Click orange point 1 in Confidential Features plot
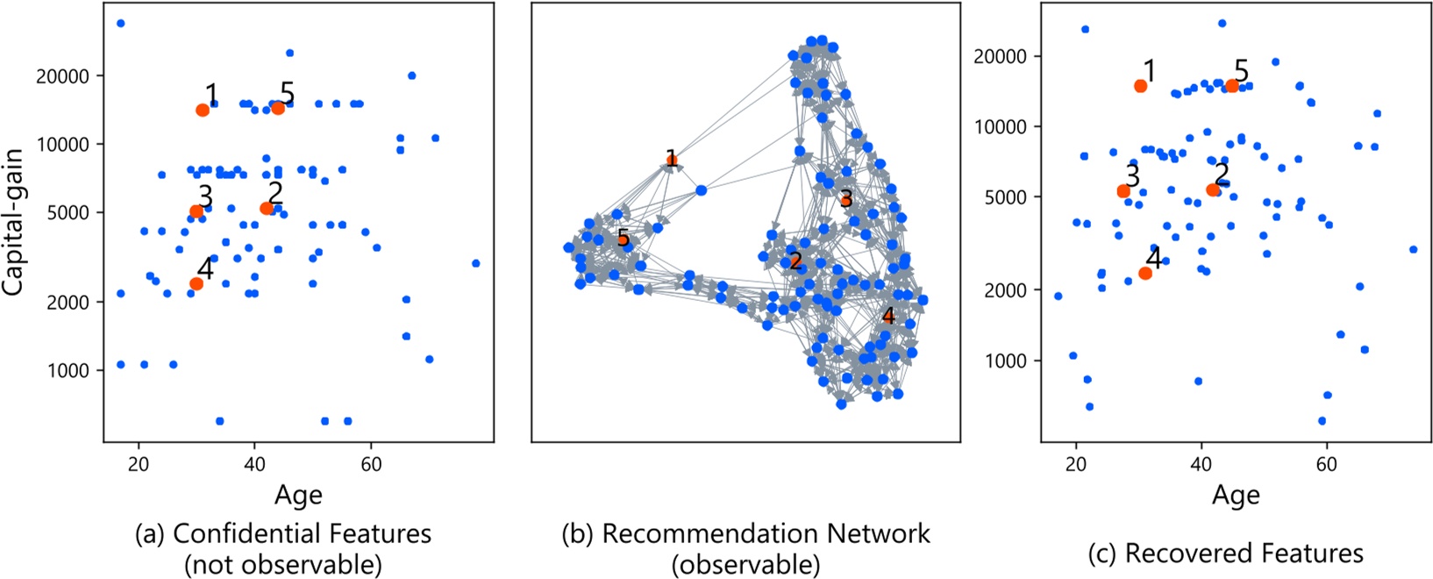(203, 110)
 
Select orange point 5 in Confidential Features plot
(278, 108)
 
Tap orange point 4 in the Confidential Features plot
(196, 283)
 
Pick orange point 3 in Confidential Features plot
(196, 211)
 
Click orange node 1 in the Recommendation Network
(671, 160)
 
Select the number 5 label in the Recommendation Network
(623, 238)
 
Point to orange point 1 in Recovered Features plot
(1140, 86)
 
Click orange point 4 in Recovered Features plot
(1145, 273)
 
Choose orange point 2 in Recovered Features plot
(1213, 189)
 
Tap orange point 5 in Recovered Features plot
(1232, 86)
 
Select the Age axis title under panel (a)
(298, 496)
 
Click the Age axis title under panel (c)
(1236, 496)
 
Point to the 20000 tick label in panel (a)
(62, 76)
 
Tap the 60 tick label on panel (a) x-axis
(371, 463)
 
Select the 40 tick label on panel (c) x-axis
(1201, 465)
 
